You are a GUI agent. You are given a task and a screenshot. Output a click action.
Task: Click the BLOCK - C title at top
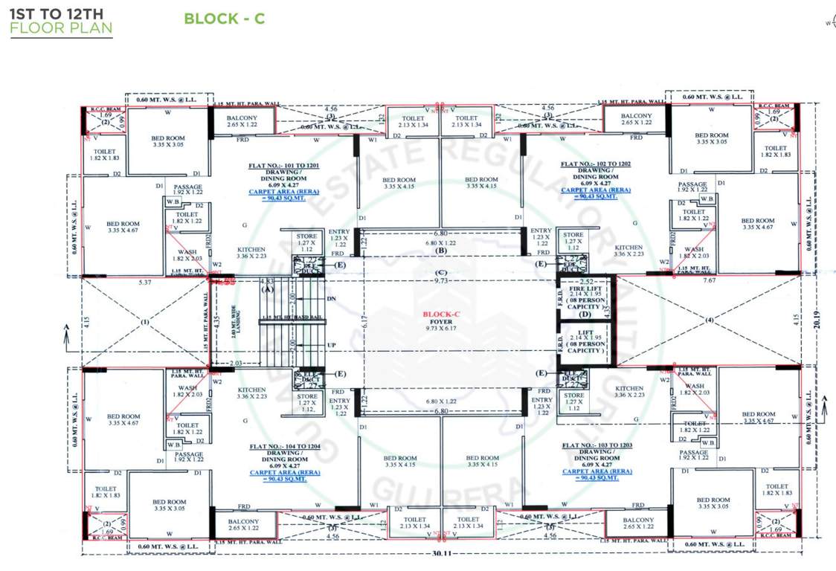pyautogui.click(x=224, y=19)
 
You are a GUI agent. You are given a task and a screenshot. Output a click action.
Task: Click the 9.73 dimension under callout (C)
pyautogui.click(x=440, y=281)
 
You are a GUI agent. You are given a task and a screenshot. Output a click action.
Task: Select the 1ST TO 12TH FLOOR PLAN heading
pyautogui.click(x=61, y=23)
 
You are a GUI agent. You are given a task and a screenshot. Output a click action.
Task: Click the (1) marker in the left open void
pyautogui.click(x=144, y=323)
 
